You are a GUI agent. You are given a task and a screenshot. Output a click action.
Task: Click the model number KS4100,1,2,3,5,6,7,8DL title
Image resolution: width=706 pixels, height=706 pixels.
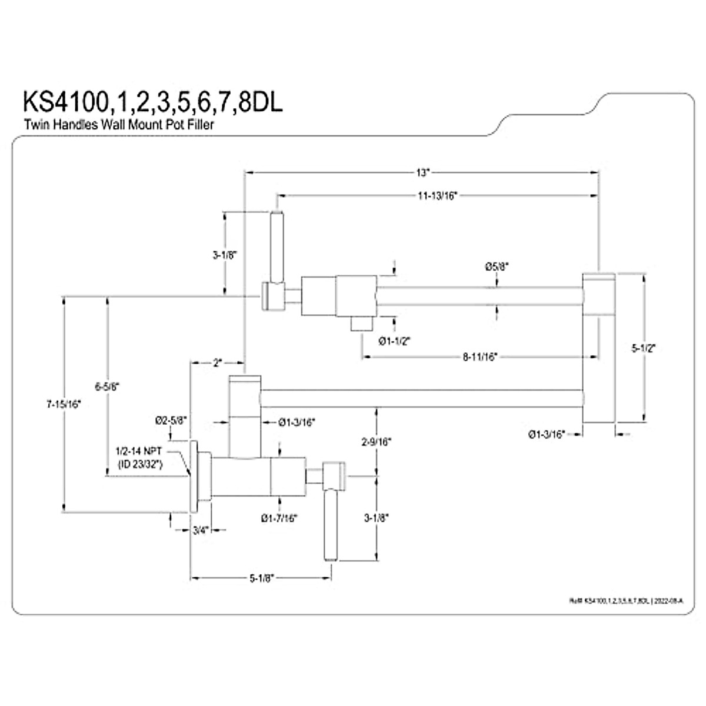[152, 102]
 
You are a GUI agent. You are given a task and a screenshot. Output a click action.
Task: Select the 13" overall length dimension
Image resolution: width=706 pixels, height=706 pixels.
[422, 173]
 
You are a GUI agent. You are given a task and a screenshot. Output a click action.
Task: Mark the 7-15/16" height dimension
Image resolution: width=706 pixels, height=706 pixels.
[63, 404]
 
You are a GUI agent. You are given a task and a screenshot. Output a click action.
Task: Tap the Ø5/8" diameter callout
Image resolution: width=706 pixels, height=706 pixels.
[497, 266]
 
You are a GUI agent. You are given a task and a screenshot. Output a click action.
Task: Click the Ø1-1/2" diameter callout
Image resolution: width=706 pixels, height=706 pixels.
[394, 340]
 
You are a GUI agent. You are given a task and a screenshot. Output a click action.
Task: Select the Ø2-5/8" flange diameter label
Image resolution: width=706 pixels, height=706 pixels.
[171, 420]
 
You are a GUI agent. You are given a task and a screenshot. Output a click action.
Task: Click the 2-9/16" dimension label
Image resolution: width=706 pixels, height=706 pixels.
[377, 440]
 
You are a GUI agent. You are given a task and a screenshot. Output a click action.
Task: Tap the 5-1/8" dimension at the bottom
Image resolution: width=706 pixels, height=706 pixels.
[259, 578]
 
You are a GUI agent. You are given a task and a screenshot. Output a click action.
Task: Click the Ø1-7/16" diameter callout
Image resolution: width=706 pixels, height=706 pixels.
[279, 518]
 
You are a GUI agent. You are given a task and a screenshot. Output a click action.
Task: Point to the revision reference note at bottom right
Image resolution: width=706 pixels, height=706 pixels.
[627, 601]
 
